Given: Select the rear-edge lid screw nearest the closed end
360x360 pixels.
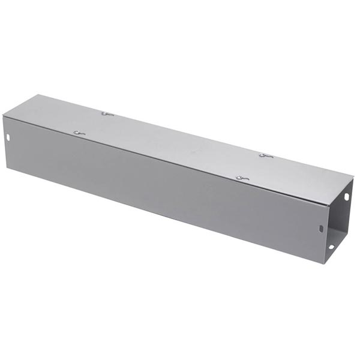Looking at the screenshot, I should click(107, 113).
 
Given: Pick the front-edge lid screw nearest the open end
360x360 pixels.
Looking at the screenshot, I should click(241, 178).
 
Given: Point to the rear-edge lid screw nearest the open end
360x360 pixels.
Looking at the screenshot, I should click(266, 156).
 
